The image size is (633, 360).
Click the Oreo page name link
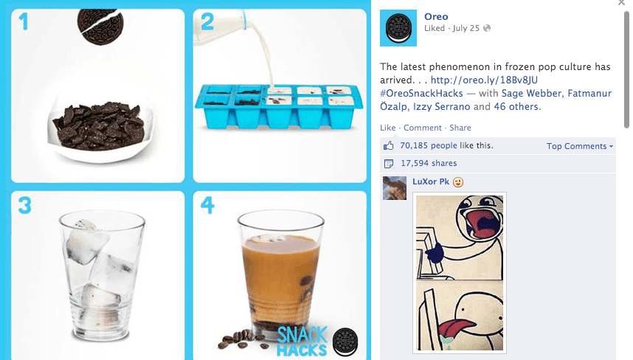click(436, 16)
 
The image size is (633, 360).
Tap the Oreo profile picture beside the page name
click(398, 28)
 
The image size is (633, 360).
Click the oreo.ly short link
click(484, 80)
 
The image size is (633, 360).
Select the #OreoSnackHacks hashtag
click(421, 93)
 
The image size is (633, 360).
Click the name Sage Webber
click(531, 93)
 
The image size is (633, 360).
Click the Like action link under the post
click(387, 128)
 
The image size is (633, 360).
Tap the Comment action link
click(422, 128)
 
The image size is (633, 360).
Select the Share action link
click(460, 128)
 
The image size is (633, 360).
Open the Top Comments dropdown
click(580, 146)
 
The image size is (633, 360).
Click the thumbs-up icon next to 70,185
click(388, 145)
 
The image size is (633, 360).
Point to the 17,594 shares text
click(429, 163)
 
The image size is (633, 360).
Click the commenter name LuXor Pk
click(431, 181)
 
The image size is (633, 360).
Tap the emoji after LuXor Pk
click(458, 182)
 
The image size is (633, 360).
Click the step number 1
click(24, 22)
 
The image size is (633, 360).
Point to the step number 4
click(207, 204)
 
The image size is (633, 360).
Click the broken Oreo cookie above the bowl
click(100, 27)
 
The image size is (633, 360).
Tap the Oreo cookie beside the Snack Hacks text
click(345, 342)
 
